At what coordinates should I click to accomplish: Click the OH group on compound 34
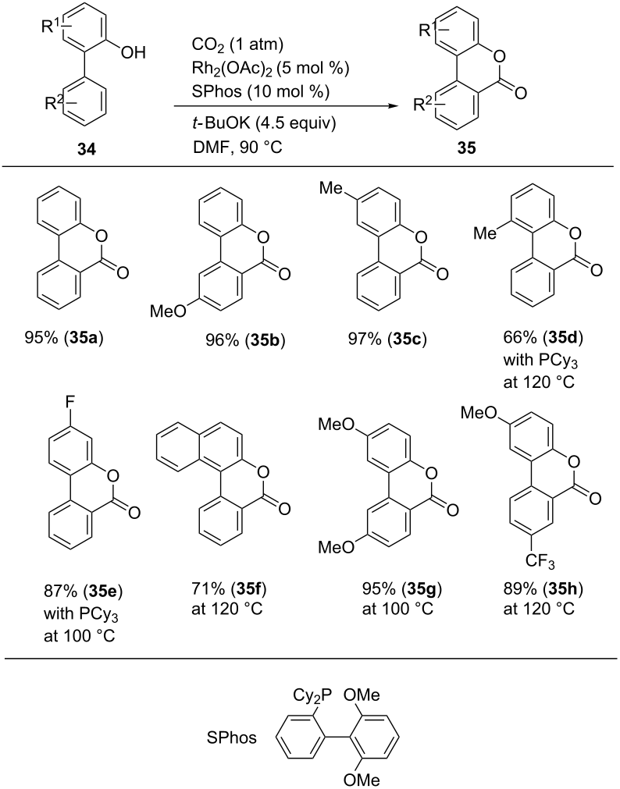tap(134, 52)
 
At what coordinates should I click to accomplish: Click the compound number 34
tap(86, 149)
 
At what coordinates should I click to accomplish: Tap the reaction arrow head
tap(396, 107)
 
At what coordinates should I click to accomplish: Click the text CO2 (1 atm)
tap(237, 44)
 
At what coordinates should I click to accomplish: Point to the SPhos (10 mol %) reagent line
tap(261, 92)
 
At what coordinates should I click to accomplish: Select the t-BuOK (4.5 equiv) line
tap(263, 123)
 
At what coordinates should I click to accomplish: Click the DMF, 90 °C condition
tap(237, 147)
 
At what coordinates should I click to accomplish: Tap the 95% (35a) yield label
tap(64, 338)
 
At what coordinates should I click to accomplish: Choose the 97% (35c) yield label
tap(387, 339)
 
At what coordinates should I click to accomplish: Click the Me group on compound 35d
tap(486, 233)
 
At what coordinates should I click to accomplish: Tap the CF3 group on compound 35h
tap(540, 561)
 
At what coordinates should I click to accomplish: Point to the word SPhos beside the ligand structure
tap(232, 738)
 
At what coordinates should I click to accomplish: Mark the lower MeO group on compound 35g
tap(336, 548)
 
